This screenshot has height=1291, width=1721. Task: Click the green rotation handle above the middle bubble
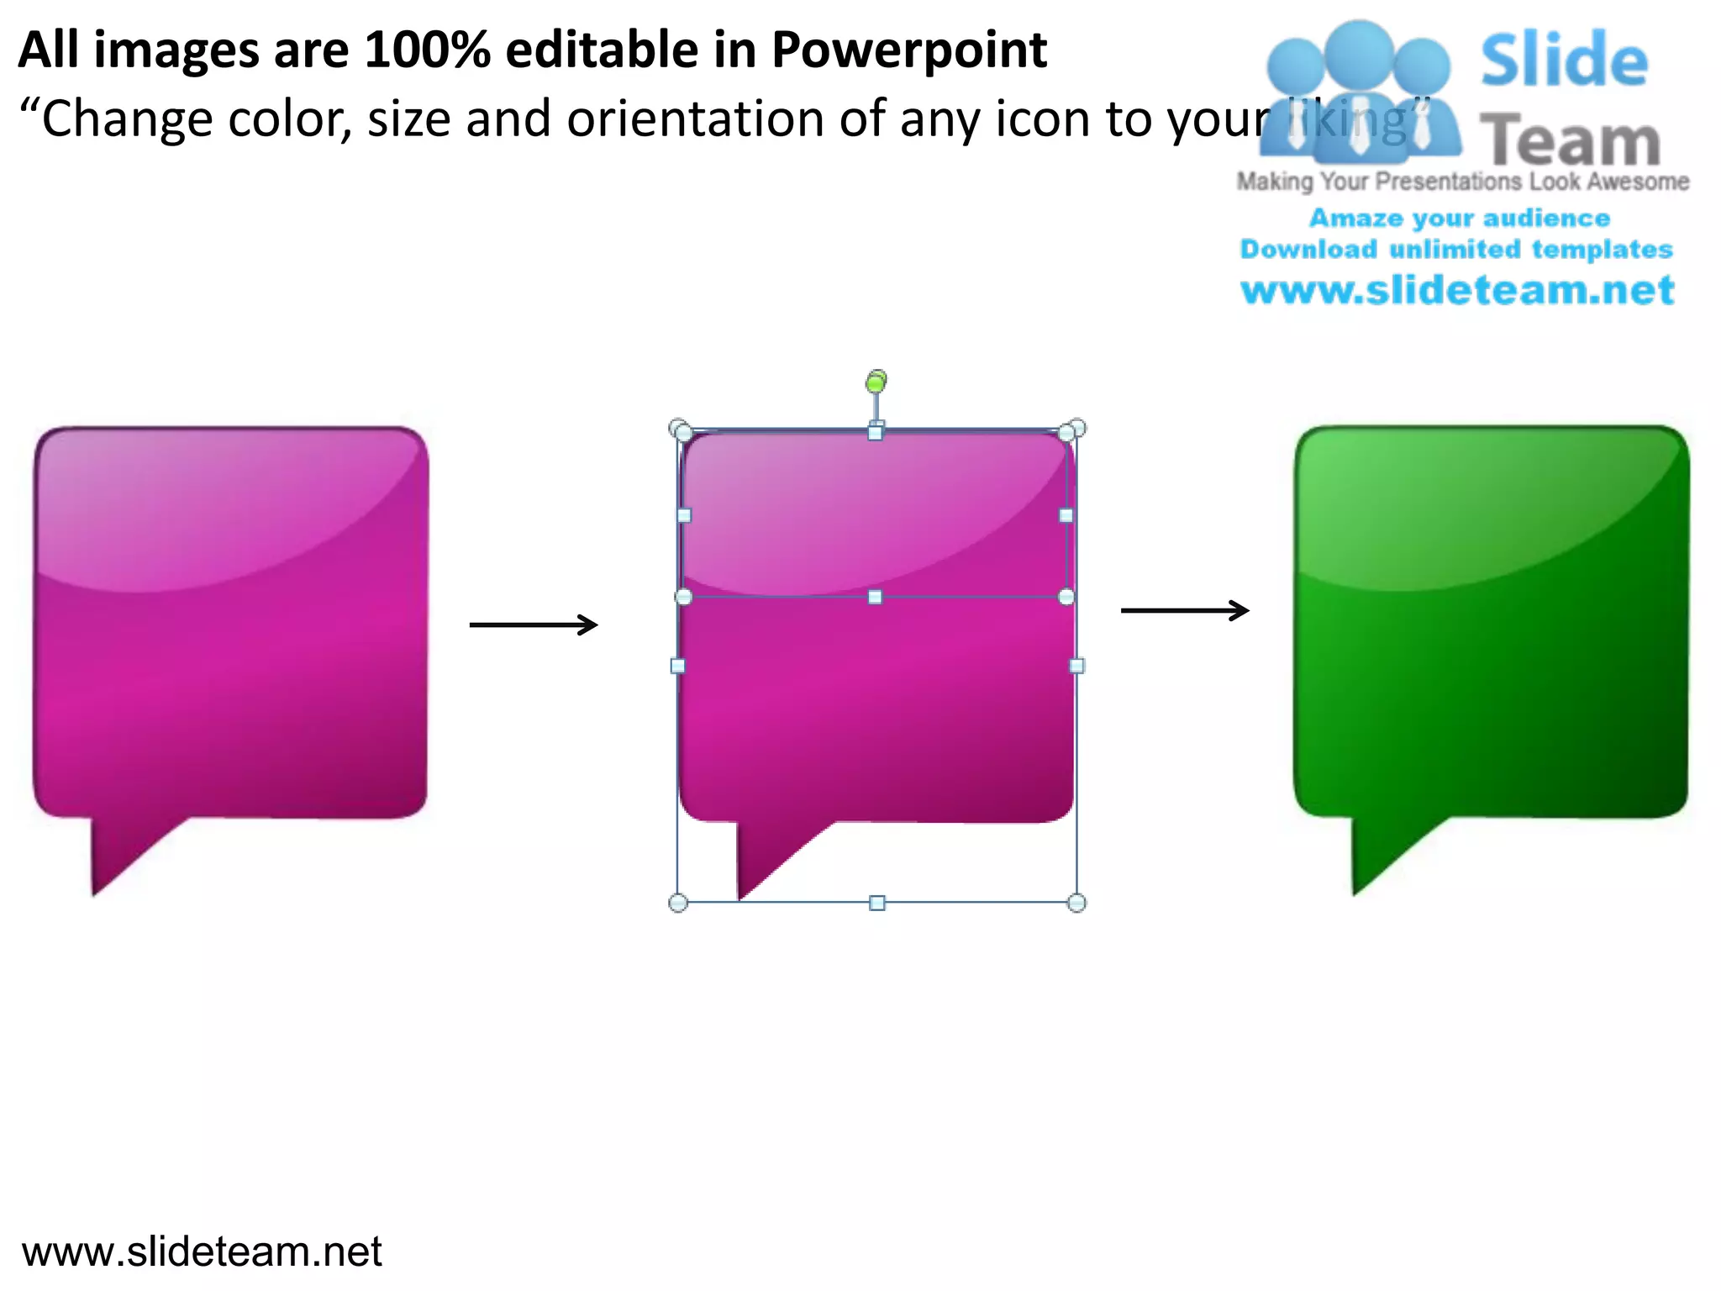tap(876, 383)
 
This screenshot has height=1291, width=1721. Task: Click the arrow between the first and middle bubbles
tap(534, 624)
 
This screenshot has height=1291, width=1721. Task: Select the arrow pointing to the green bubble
tap(1185, 610)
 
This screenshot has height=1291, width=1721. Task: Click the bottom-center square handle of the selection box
tap(876, 903)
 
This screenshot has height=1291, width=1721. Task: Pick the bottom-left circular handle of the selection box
tap(678, 903)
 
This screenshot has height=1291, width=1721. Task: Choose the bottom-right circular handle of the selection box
tap(1076, 903)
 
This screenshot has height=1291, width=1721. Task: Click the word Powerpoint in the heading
tap(908, 50)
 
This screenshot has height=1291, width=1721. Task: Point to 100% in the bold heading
tap(427, 50)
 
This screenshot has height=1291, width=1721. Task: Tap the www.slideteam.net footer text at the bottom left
tap(202, 1251)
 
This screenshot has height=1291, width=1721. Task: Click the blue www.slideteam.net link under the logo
tap(1457, 291)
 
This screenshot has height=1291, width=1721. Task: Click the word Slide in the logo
tap(1564, 61)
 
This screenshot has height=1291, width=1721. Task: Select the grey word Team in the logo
tap(1570, 141)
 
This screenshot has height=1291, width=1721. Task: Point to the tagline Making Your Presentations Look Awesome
tap(1462, 182)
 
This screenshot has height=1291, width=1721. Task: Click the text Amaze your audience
tap(1460, 219)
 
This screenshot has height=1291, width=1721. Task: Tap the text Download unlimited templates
tap(1456, 250)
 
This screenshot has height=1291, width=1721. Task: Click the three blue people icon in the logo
tap(1358, 92)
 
